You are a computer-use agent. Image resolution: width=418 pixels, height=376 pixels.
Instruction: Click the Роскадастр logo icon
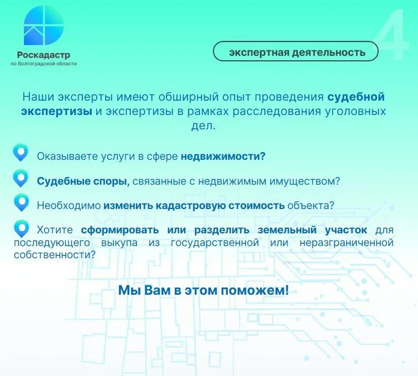[x=43, y=25]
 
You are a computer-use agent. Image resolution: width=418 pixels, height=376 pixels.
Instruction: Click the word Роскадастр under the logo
[x=43, y=55]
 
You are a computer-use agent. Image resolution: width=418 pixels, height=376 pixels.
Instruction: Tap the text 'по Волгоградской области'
[x=44, y=64]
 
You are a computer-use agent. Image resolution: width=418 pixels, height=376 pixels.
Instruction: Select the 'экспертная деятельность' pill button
[x=296, y=52]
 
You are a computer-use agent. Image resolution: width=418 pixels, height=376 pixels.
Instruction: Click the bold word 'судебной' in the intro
[x=356, y=97]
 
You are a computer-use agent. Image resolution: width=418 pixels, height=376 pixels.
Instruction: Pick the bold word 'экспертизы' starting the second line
[x=56, y=111]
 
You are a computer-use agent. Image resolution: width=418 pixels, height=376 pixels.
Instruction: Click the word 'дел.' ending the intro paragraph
[x=203, y=126]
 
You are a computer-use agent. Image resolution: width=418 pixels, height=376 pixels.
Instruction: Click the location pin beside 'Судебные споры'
[x=21, y=179]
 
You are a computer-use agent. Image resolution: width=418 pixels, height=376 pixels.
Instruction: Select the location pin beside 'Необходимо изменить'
[x=21, y=203]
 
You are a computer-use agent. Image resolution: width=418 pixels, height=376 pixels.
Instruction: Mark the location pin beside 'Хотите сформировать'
[x=21, y=228]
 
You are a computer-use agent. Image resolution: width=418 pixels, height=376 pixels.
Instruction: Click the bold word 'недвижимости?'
[x=223, y=156]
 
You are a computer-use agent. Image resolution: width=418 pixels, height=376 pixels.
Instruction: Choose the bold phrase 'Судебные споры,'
[x=83, y=181]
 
